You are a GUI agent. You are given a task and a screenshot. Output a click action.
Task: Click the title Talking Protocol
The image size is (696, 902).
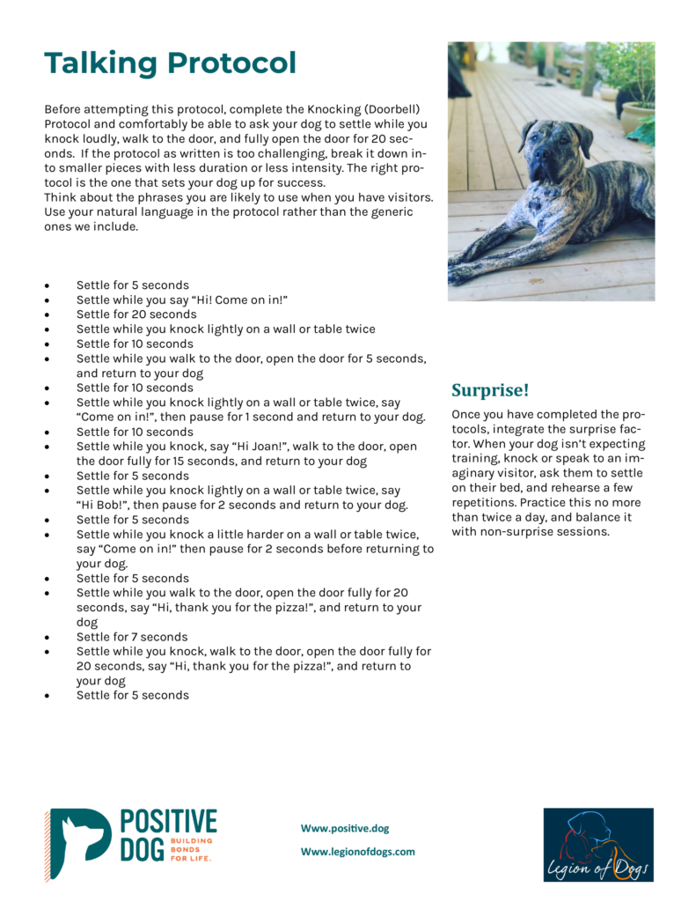(x=170, y=63)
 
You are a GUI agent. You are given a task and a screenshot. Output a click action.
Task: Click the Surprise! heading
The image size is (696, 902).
(x=490, y=389)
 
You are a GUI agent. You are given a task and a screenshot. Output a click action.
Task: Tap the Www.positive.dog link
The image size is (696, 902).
(x=345, y=828)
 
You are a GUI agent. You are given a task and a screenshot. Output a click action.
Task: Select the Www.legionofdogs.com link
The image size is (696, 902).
(x=357, y=852)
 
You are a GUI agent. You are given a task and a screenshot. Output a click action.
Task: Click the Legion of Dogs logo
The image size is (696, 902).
(x=597, y=844)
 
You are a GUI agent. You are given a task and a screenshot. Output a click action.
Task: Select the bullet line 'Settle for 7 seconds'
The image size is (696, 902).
(x=132, y=637)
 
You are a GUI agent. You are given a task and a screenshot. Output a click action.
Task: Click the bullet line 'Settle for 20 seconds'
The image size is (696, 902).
(x=136, y=314)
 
